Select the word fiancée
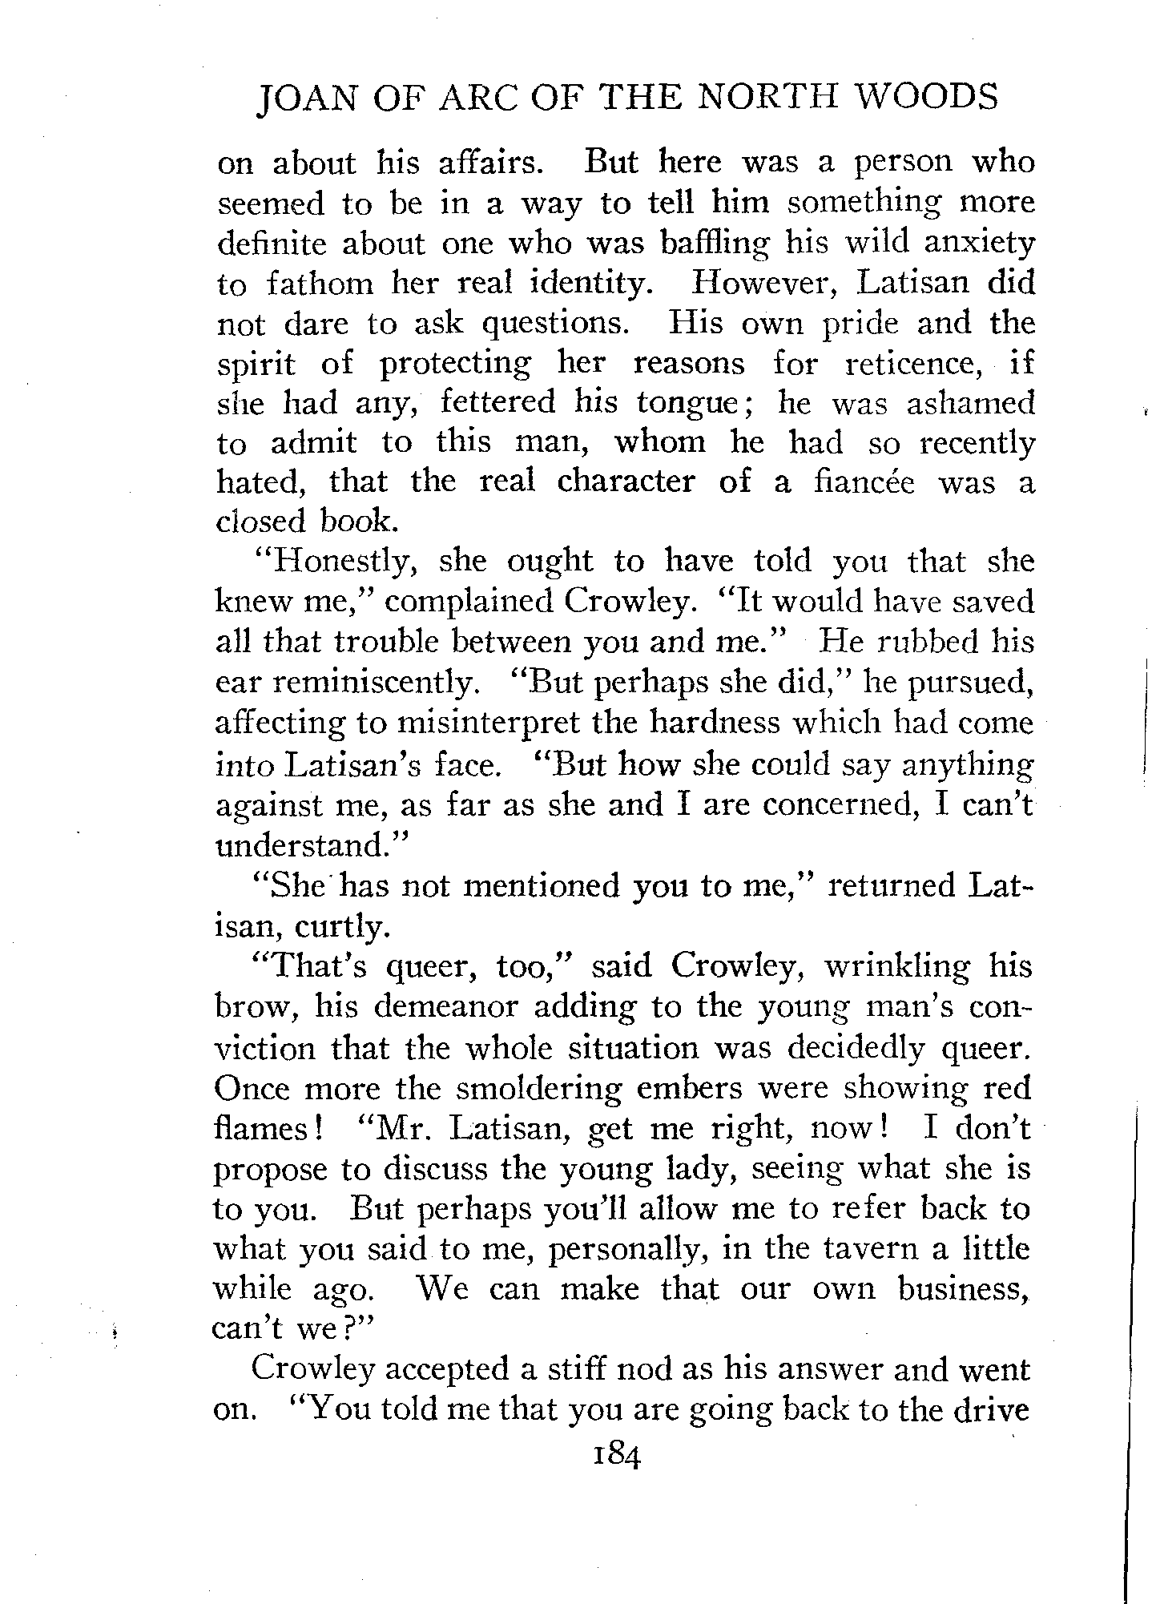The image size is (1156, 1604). [x=862, y=482]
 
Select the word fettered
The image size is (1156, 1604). [x=497, y=403]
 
